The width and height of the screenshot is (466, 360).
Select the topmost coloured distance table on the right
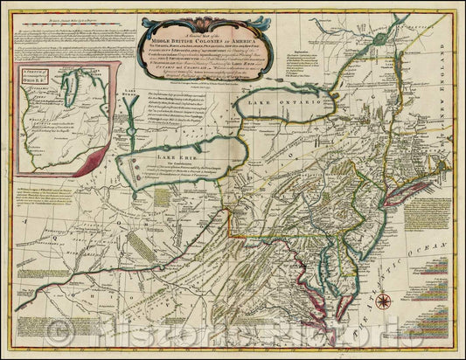[x=440, y=260]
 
